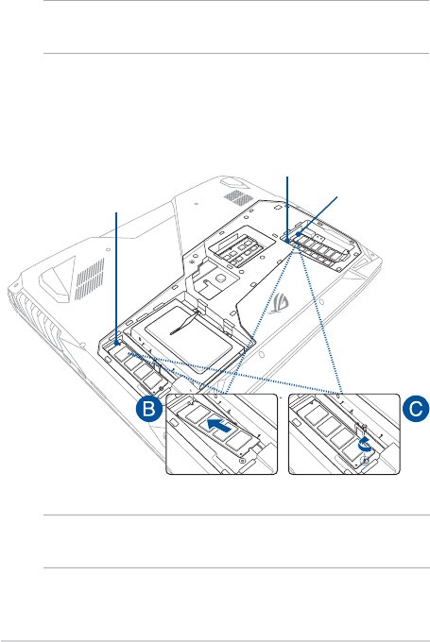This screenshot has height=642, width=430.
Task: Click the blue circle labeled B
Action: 148,408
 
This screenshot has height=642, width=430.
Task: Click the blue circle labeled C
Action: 416,408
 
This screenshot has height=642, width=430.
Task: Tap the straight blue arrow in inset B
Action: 219,426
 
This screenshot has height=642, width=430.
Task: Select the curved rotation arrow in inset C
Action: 365,445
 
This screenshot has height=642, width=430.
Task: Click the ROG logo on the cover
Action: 279,303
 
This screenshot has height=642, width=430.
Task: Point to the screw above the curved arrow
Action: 364,428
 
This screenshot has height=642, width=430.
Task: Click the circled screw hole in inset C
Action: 365,461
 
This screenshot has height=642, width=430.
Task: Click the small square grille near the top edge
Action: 238,197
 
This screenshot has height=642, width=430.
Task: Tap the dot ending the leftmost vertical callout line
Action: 117,343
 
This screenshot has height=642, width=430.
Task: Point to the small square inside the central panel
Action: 219,278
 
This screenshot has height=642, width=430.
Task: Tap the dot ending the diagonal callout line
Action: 299,234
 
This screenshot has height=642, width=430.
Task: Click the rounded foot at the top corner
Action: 231,182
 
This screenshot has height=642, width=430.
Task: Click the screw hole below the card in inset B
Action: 242,461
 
